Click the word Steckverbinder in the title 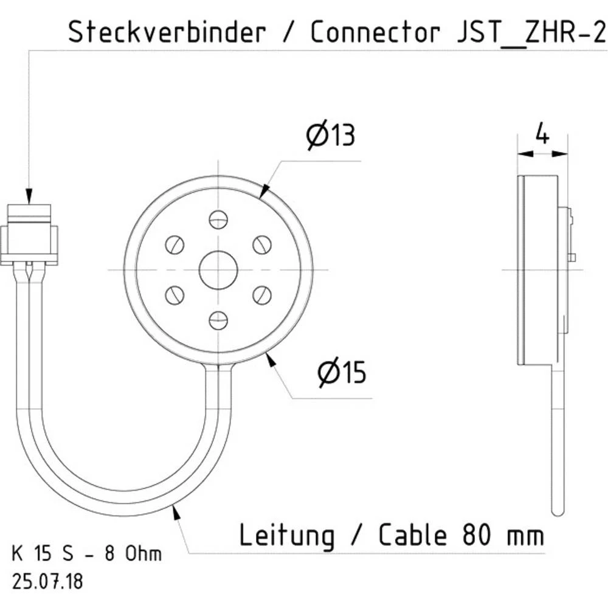click(x=167, y=32)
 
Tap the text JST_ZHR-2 click(x=530, y=32)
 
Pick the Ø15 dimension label click(x=342, y=373)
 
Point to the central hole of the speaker click(x=218, y=269)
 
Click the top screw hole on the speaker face click(x=218, y=219)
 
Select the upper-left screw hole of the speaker click(x=174, y=244)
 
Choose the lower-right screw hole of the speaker click(x=262, y=294)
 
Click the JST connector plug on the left click(x=29, y=234)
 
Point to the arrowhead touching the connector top click(x=29, y=196)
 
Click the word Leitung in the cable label click(x=286, y=536)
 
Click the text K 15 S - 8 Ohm click(x=87, y=554)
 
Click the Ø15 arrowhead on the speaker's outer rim click(x=271, y=359)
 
